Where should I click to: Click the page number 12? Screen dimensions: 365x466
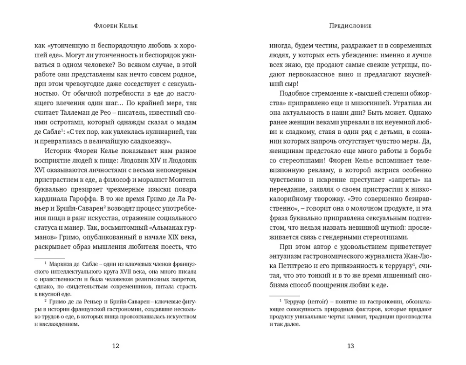click(116, 346)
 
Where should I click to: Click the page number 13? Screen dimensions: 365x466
click(351, 346)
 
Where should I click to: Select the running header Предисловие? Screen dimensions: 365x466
click(351, 26)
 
